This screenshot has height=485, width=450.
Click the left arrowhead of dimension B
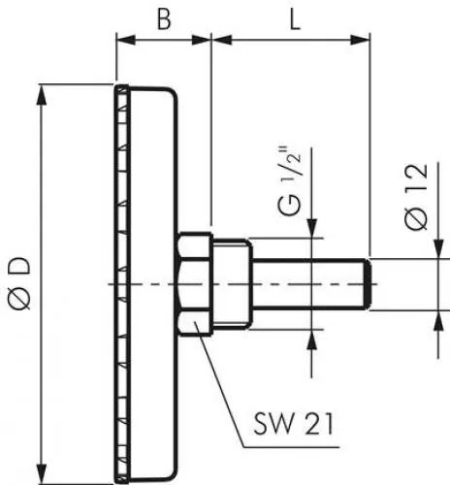pos(121,40)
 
